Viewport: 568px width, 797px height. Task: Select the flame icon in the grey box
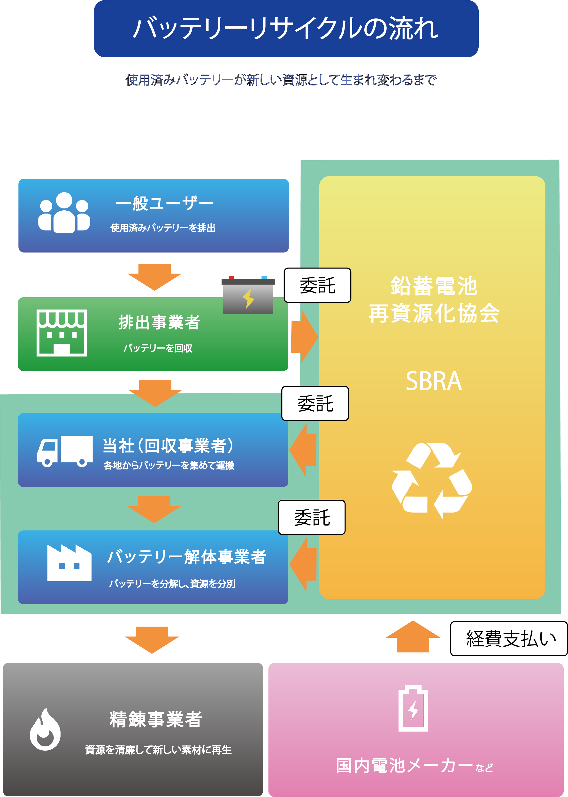45,730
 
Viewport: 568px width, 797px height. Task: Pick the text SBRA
434,381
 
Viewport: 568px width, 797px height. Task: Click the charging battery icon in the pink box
413,708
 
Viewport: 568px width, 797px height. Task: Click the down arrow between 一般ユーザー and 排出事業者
154,277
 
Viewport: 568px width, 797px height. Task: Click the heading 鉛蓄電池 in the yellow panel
434,286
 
